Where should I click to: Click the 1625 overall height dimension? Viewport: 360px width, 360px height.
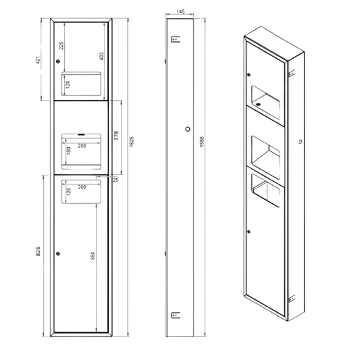point(132,142)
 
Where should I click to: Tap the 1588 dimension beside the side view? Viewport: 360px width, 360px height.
point(202,142)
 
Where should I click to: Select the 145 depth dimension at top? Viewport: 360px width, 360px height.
point(180,11)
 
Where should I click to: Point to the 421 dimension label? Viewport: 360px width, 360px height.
point(38,60)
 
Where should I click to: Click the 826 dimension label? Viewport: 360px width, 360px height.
point(38,251)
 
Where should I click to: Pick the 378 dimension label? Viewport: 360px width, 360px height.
point(116,136)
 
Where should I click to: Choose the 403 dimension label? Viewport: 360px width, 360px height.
point(101,56)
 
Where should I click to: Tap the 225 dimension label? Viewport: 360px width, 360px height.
point(61,45)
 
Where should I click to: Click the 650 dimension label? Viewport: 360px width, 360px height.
point(93,255)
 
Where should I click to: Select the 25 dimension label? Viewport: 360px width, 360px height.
point(116,180)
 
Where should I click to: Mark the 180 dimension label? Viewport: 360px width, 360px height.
point(69,151)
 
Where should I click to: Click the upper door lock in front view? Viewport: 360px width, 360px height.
point(58,61)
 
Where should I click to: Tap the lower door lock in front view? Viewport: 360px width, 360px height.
point(58,254)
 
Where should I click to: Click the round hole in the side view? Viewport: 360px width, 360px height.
point(188,129)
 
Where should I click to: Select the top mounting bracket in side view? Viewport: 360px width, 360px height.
point(176,39)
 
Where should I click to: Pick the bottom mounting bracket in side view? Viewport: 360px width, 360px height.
point(176,315)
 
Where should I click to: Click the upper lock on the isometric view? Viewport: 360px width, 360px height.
point(249,74)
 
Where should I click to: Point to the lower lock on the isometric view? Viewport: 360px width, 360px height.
point(249,232)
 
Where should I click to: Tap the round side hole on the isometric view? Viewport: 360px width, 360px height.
point(301,142)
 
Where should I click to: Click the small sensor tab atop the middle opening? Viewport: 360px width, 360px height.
point(81,134)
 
